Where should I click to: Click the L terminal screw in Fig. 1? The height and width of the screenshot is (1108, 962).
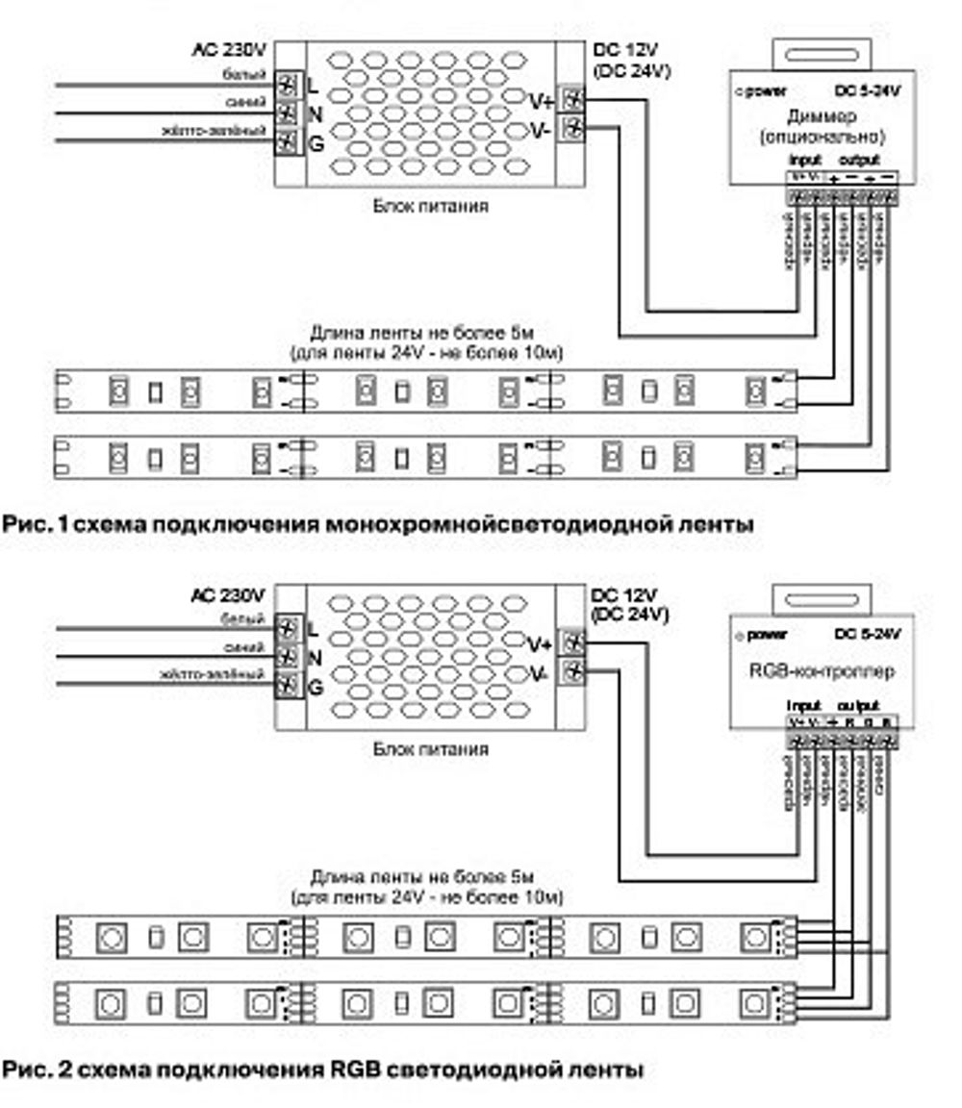pos(287,85)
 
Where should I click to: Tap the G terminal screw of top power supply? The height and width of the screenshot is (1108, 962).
pos(287,142)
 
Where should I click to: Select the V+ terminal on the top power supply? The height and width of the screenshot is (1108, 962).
pos(572,99)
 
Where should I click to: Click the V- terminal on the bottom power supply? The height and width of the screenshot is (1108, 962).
pos(572,670)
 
